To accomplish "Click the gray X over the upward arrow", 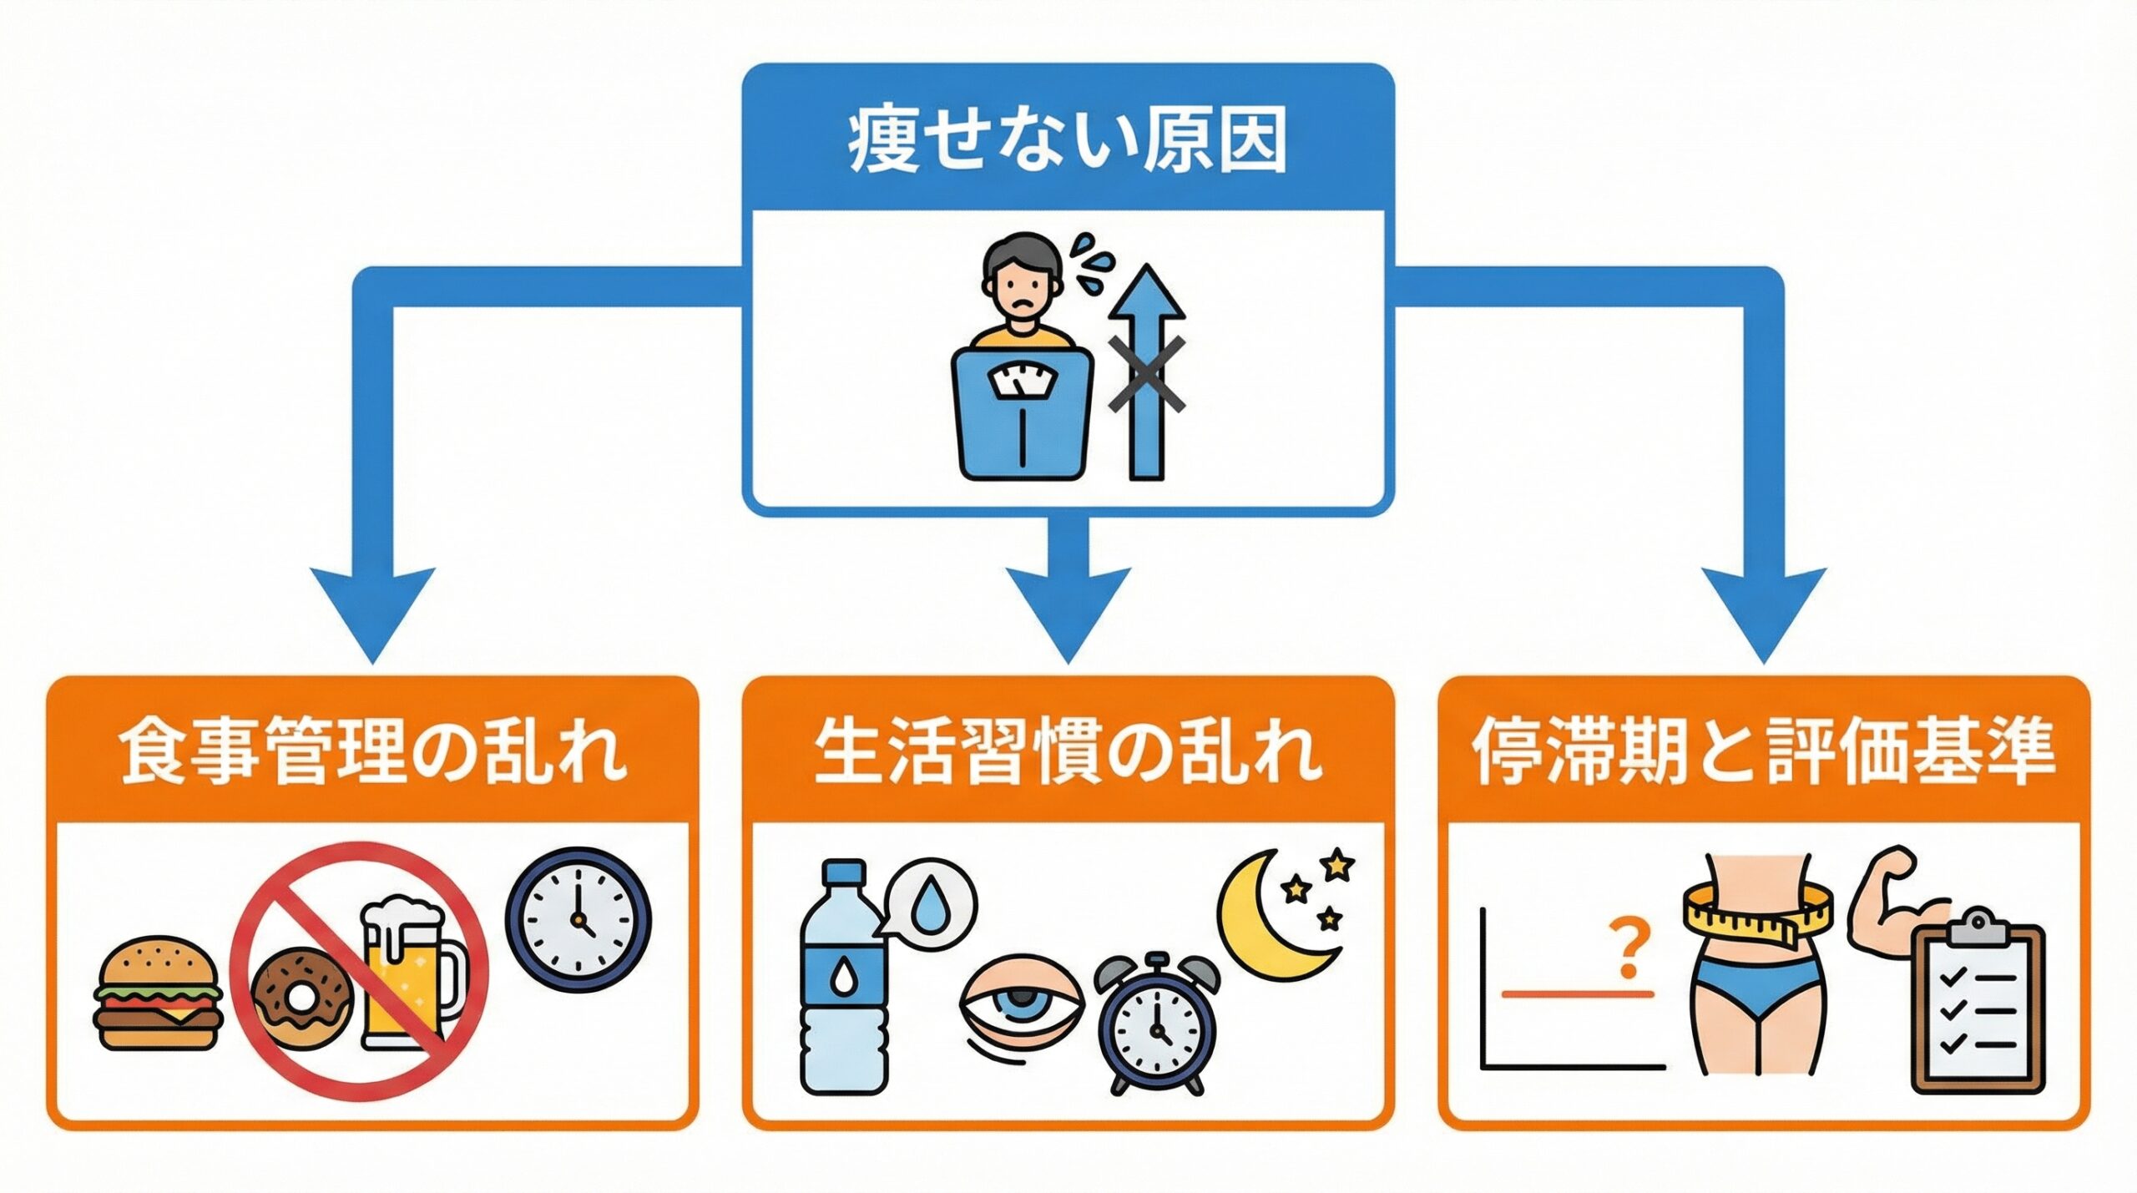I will click(x=1147, y=375).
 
